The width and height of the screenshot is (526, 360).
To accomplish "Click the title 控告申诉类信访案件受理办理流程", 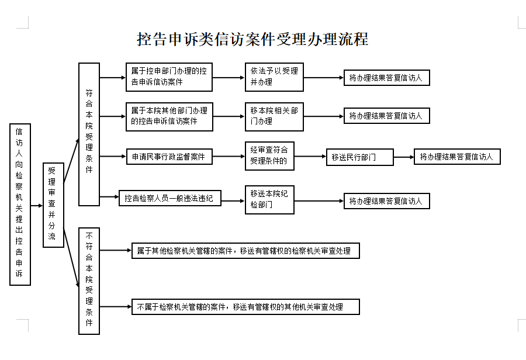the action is [x=252, y=39].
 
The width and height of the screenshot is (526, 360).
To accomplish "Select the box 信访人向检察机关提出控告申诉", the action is [x=20, y=205].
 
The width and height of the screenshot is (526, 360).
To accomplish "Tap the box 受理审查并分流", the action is [x=53, y=205].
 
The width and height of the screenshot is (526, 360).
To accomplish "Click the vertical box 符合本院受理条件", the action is [x=89, y=134].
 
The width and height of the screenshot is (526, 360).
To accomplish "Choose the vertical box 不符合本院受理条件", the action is [x=89, y=281].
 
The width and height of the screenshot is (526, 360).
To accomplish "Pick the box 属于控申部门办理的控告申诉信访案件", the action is [x=169, y=77].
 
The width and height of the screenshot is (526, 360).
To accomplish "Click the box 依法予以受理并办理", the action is [x=274, y=77].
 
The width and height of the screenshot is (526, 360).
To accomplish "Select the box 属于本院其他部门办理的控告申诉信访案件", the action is [x=169, y=116].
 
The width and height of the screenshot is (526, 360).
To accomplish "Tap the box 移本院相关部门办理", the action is [x=274, y=116].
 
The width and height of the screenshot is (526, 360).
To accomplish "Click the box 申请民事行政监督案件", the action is [x=169, y=157].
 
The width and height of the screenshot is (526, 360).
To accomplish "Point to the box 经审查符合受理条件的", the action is [x=269, y=156].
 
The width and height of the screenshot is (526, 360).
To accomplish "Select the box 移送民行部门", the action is [x=360, y=157].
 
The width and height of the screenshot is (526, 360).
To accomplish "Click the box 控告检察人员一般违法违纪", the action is [x=169, y=198].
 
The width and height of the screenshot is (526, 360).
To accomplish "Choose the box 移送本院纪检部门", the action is [x=269, y=200].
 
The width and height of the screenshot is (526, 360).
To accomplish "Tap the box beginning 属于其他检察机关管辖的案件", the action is [x=245, y=251].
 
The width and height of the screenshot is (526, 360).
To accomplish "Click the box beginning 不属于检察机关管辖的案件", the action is [x=245, y=307].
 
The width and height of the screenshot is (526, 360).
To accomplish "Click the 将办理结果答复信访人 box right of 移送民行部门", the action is [x=457, y=157].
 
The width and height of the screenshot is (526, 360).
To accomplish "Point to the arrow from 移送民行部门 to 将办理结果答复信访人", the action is [x=404, y=157].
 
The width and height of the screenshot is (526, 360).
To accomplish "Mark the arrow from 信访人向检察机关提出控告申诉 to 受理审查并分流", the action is [x=37, y=206].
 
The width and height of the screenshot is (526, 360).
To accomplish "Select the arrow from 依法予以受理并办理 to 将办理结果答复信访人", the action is [x=324, y=78].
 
